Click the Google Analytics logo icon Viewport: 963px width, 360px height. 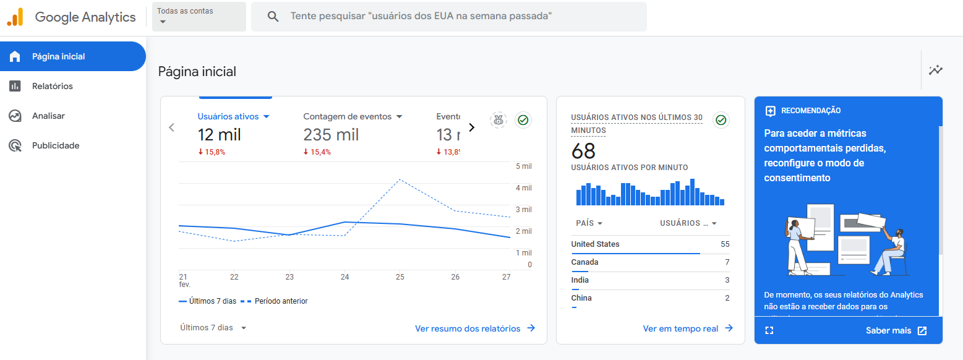(15, 17)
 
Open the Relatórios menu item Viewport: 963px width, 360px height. (52, 86)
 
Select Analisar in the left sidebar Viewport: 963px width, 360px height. (48, 116)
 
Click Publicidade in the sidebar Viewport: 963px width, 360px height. (56, 145)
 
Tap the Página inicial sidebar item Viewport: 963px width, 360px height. (58, 56)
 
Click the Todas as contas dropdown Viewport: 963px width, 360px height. (198, 17)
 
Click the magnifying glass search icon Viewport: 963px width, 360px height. (273, 17)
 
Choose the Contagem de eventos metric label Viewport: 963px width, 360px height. (347, 116)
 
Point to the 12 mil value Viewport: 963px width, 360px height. (219, 134)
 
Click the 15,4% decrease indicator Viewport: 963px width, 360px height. (317, 152)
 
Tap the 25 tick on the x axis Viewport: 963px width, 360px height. (400, 277)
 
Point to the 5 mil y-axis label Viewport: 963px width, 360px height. (523, 166)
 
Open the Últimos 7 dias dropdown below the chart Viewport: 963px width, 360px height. (213, 328)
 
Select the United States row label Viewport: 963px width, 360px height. (595, 244)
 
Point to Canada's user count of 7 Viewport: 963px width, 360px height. (727, 262)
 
